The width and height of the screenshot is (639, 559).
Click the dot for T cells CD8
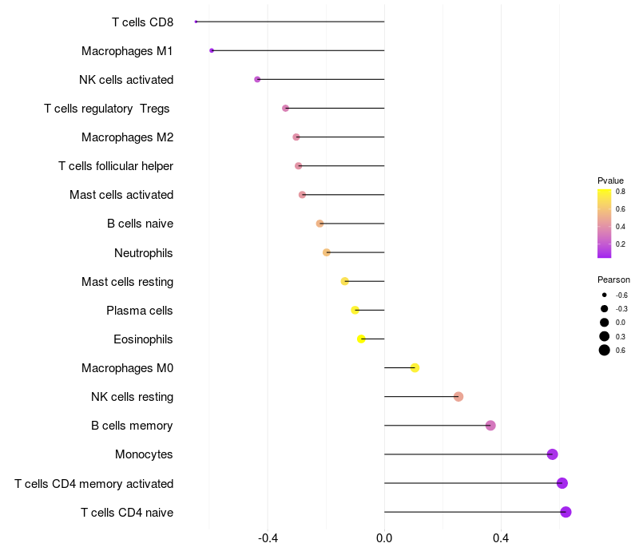tap(196, 22)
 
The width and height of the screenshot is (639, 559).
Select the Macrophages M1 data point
tap(212, 50)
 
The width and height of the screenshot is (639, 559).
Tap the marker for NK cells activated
tap(257, 79)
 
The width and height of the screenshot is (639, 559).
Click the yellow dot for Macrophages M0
tap(415, 367)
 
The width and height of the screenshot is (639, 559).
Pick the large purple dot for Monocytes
tap(552, 454)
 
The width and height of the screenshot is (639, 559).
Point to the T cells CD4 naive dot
tap(566, 512)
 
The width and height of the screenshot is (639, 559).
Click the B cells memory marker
tap(490, 426)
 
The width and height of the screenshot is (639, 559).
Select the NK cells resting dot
tap(458, 397)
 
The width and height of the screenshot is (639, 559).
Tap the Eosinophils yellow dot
tap(361, 339)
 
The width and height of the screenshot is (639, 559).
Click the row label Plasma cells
tap(140, 311)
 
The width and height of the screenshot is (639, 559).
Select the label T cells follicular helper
tap(116, 166)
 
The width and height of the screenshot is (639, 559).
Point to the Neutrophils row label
tap(144, 253)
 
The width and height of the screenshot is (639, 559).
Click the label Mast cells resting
tap(128, 282)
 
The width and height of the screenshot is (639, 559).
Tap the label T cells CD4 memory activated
tap(94, 484)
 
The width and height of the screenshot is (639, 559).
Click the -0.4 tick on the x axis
tap(268, 538)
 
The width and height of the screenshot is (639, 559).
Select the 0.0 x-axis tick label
tap(384, 538)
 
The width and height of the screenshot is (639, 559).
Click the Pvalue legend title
tap(610, 180)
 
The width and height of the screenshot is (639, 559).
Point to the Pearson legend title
tap(613, 279)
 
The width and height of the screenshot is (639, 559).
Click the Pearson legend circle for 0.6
tap(605, 350)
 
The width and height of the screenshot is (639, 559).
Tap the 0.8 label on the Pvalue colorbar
tap(620, 192)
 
